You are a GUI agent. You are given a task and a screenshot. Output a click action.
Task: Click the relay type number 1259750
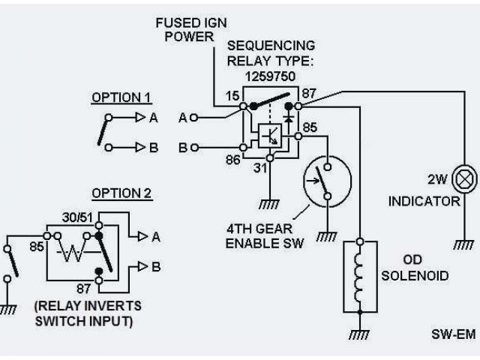tap(270, 76)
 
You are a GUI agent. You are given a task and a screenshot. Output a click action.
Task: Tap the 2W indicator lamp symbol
tap(464, 179)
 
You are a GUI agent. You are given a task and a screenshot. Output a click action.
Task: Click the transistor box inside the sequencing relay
tap(270, 136)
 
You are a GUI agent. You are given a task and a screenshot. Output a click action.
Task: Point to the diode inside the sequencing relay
tap(288, 118)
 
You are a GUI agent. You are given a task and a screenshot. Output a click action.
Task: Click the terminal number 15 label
tap(232, 96)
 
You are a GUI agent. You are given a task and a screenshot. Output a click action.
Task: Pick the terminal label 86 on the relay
tap(233, 160)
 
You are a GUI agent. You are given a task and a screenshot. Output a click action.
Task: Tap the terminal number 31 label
tap(260, 168)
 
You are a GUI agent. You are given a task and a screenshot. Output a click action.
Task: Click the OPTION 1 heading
tap(121, 97)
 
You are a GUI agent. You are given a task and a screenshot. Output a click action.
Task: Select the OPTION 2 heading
tap(121, 193)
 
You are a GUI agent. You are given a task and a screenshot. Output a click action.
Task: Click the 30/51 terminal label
tap(77, 217)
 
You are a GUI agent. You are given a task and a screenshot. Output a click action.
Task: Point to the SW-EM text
tap(454, 334)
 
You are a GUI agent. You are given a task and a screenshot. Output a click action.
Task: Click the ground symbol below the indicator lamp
tap(463, 244)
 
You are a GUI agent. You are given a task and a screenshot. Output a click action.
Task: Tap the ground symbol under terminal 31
tap(269, 205)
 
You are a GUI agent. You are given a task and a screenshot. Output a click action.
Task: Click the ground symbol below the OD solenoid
tap(359, 334)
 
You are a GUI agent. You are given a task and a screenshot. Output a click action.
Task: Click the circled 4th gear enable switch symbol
tap(327, 181)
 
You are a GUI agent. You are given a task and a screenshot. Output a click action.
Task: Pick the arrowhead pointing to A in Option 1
tap(140, 117)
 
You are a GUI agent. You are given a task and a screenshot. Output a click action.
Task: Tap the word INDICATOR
tap(424, 202)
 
